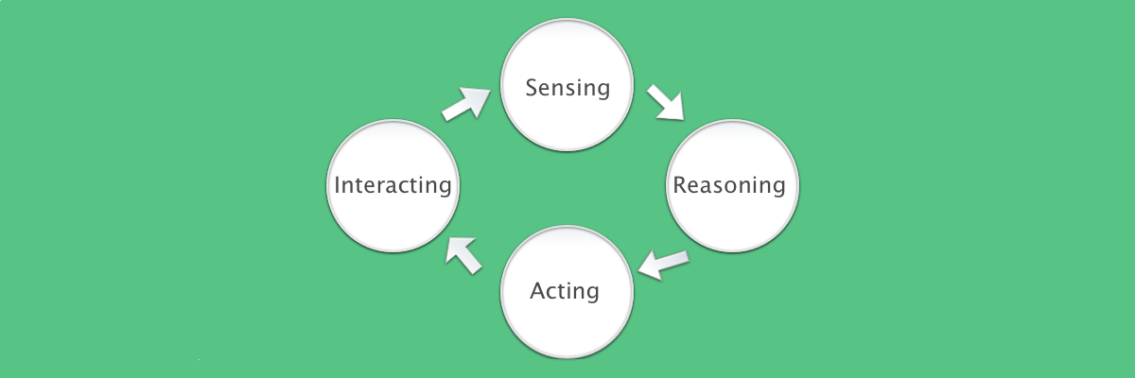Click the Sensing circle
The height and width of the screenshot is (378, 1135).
tap(567, 84)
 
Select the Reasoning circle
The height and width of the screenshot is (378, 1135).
tap(732, 186)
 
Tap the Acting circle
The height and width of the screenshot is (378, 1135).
tap(567, 292)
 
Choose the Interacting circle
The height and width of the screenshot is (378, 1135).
tap(393, 186)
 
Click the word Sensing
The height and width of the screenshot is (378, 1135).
tap(567, 88)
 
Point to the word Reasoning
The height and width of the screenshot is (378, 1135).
tap(729, 185)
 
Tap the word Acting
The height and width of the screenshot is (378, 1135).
tap(565, 291)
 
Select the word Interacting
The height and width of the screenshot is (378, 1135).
tap(393, 185)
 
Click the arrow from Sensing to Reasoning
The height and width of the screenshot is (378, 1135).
tap(666, 103)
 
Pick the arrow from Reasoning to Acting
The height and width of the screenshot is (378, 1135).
tap(663, 265)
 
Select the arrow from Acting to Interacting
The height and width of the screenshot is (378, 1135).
tap(463, 255)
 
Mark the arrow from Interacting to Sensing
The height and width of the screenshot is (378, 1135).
tap(466, 104)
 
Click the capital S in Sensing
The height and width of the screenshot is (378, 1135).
tap(532, 87)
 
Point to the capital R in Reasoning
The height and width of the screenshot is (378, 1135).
tap(679, 184)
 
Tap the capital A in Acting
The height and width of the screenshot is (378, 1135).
tap(537, 290)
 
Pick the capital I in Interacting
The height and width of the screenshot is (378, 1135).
tap(337, 184)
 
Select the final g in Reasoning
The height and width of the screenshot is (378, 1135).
tap(778, 189)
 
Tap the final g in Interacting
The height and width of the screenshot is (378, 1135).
tap(445, 189)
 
